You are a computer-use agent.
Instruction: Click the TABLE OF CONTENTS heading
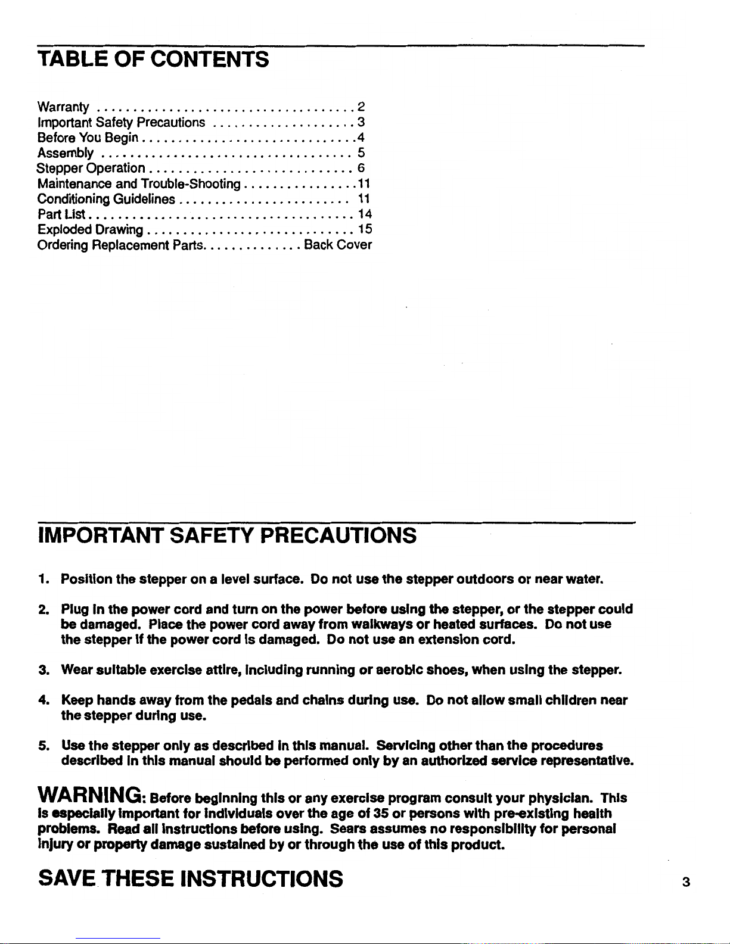click(x=153, y=60)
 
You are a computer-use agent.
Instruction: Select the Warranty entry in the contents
click(x=63, y=108)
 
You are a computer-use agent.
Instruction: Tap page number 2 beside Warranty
click(x=361, y=107)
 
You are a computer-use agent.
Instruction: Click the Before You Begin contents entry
click(x=88, y=138)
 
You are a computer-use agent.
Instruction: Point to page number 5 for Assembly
click(x=361, y=153)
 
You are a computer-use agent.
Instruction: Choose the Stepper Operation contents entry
click(x=91, y=169)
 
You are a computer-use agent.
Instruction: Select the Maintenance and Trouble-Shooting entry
click(x=138, y=183)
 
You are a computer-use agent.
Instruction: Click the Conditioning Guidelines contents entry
click(x=106, y=199)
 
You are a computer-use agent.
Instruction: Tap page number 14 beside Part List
click(x=365, y=214)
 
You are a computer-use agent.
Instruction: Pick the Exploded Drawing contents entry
click(x=90, y=229)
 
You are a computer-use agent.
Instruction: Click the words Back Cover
click(x=338, y=245)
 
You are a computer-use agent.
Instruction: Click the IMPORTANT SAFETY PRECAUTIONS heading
click(x=226, y=535)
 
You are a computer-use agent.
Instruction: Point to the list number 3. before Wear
click(x=43, y=671)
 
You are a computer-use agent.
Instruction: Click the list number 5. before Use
click(x=43, y=746)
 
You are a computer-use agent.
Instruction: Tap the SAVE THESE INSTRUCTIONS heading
click(x=190, y=878)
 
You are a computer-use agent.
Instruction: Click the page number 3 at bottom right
click(x=686, y=883)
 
